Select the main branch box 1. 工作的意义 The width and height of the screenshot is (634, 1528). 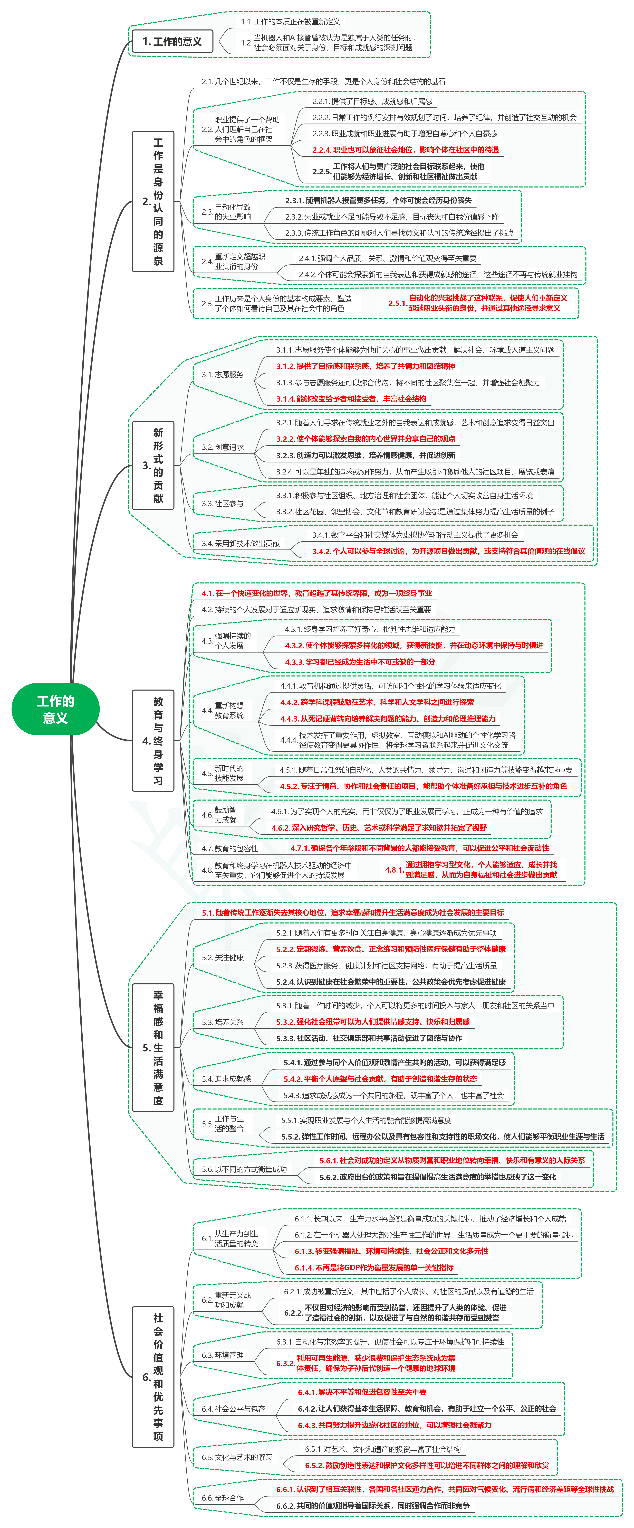[x=172, y=42]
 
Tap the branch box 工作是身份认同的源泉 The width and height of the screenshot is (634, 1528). [x=153, y=202]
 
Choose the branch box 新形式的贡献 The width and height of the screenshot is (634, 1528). [x=153, y=465]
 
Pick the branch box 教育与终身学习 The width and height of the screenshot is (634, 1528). [x=153, y=740]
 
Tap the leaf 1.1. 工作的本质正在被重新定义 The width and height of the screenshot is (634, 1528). [x=291, y=22]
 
